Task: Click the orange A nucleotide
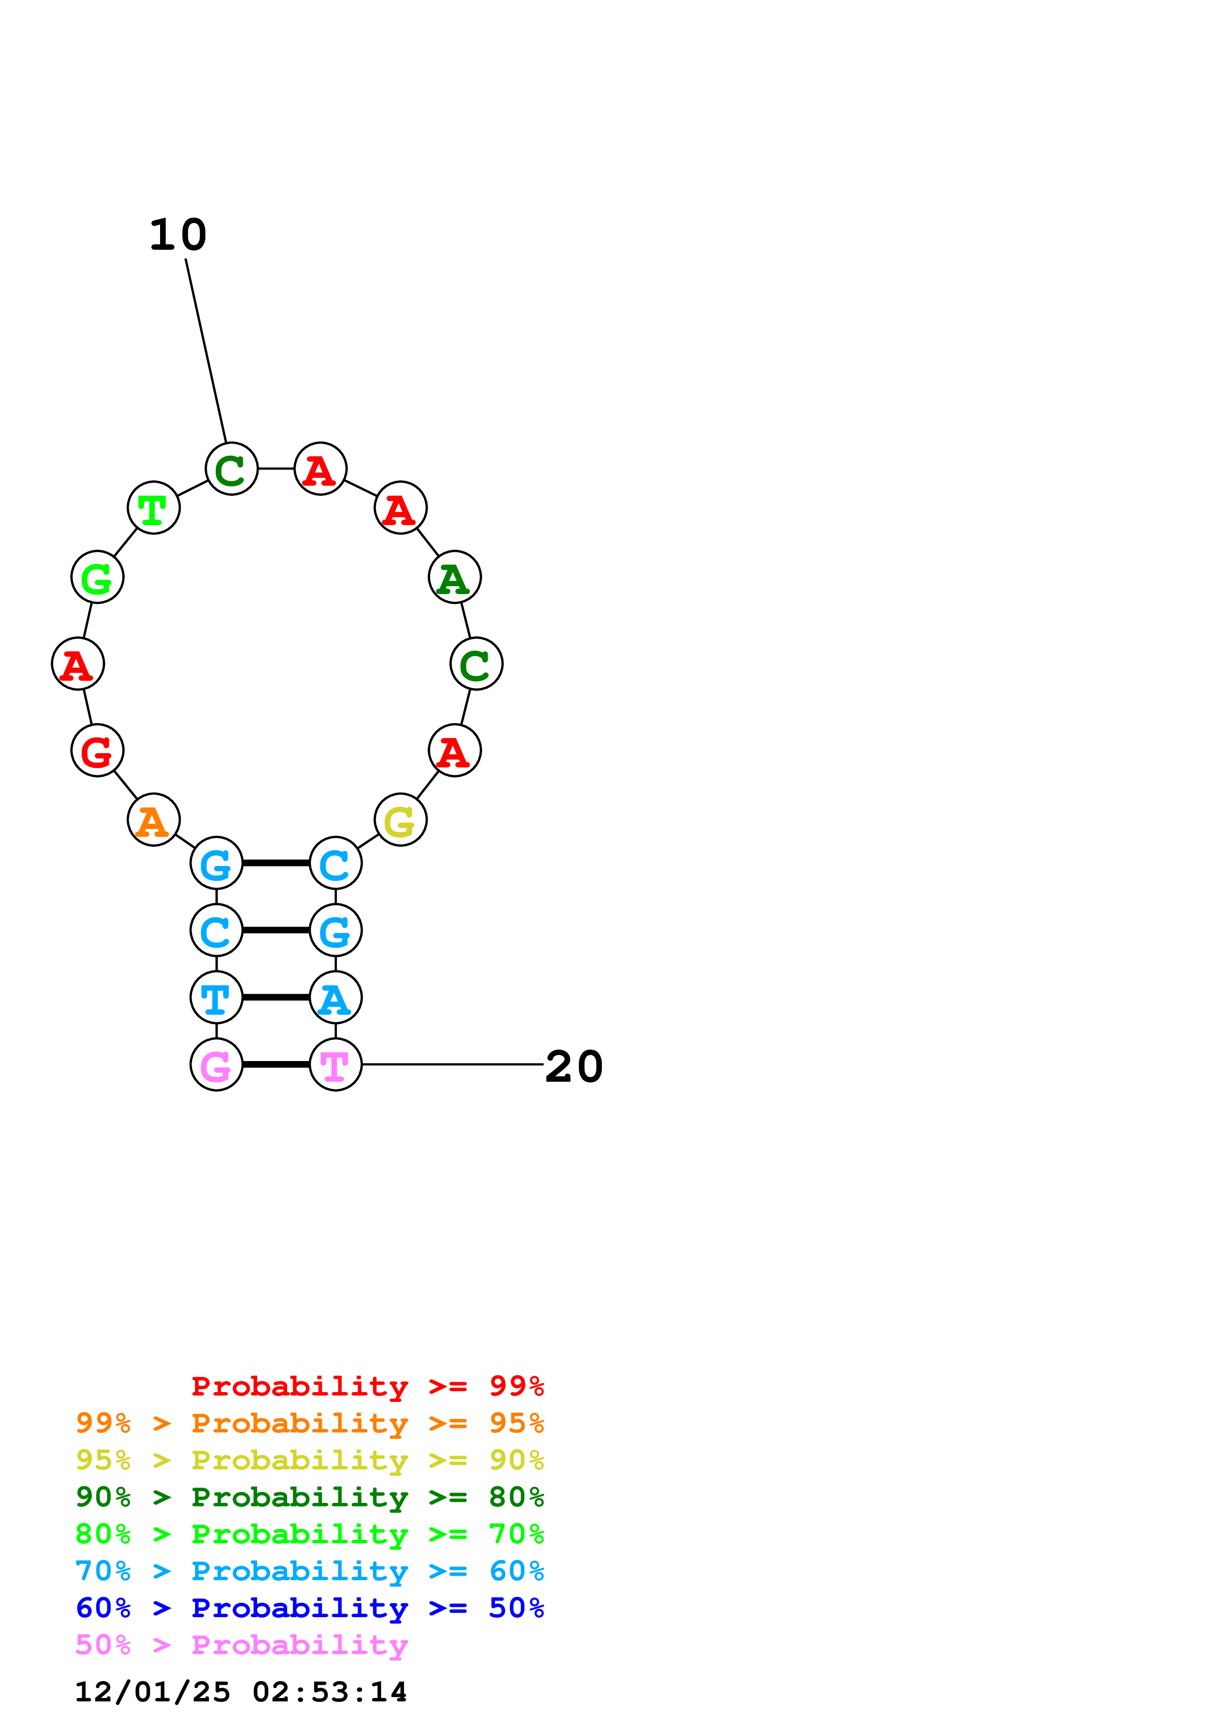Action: pyautogui.click(x=154, y=820)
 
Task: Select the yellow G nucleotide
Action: pyautogui.click(x=400, y=820)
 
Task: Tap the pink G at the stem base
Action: pyautogui.click(x=217, y=1064)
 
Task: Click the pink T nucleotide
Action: pyautogui.click(x=335, y=1064)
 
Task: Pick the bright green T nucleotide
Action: pyautogui.click(x=154, y=508)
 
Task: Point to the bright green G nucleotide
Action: pyautogui.click(x=97, y=577)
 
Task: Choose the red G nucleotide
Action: pyautogui.click(x=97, y=750)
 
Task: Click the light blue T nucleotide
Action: pyautogui.click(x=217, y=997)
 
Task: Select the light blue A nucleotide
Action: pyautogui.click(x=335, y=997)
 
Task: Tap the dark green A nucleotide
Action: pyautogui.click(x=455, y=577)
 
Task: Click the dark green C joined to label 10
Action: pyautogui.click(x=231, y=469)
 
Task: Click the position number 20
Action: pyautogui.click(x=574, y=1066)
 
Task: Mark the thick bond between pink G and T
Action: pyautogui.click(x=276, y=1064)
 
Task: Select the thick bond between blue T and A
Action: pyautogui.click(x=276, y=997)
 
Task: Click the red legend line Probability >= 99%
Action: pyautogui.click(x=367, y=1386)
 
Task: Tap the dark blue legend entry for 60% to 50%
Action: pyautogui.click(x=309, y=1608)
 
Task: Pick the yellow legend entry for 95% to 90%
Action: pyautogui.click(x=309, y=1460)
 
